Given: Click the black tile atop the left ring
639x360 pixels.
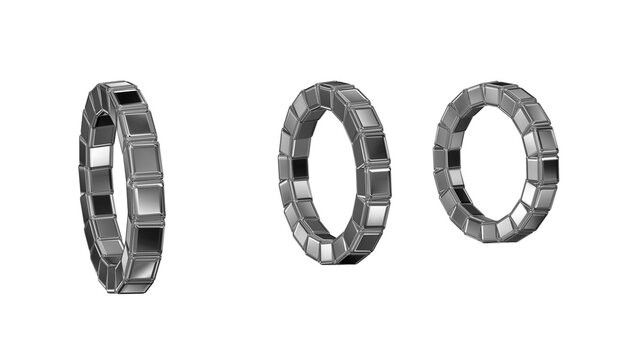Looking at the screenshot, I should [x=126, y=97].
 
